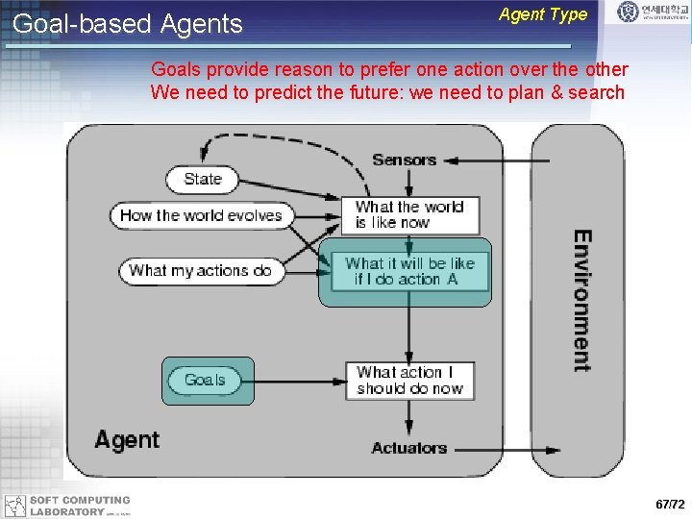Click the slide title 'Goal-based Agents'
pyautogui.click(x=128, y=24)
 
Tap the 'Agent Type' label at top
pyautogui.click(x=543, y=14)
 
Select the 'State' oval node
pyautogui.click(x=203, y=179)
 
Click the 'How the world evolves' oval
pyautogui.click(x=201, y=215)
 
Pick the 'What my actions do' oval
pyautogui.click(x=201, y=271)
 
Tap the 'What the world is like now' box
pyautogui.click(x=409, y=214)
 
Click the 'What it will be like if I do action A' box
pyautogui.click(x=409, y=271)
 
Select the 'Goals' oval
pyautogui.click(x=205, y=381)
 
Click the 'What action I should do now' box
pyautogui.click(x=409, y=381)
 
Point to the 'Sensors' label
pyautogui.click(x=404, y=160)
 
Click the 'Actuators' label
pyautogui.click(x=408, y=448)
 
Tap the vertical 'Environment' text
pyautogui.click(x=581, y=300)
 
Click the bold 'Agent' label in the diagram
pyautogui.click(x=127, y=440)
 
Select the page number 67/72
pyautogui.click(x=670, y=505)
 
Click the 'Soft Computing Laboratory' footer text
pyautogui.click(x=80, y=507)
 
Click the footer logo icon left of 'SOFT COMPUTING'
pyautogui.click(x=13, y=507)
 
